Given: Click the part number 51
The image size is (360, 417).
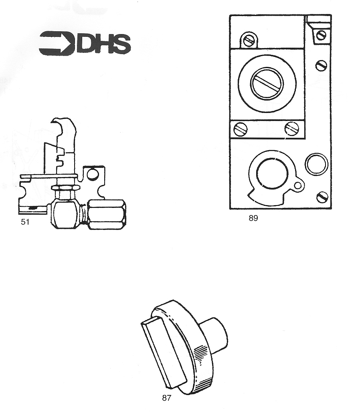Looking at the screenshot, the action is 25,222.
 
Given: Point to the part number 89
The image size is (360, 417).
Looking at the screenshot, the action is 253,218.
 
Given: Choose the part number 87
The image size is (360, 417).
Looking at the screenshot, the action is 166,398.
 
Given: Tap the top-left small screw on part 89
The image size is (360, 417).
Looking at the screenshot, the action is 249,40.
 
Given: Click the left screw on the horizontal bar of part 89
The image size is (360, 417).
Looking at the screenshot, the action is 241,129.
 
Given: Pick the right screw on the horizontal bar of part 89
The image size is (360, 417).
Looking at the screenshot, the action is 291,129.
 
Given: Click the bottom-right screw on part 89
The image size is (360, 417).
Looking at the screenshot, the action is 322,197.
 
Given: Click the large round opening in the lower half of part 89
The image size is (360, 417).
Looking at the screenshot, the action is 272,174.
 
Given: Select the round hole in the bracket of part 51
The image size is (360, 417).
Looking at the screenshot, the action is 93,174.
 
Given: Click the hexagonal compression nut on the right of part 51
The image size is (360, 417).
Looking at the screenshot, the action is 106,214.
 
